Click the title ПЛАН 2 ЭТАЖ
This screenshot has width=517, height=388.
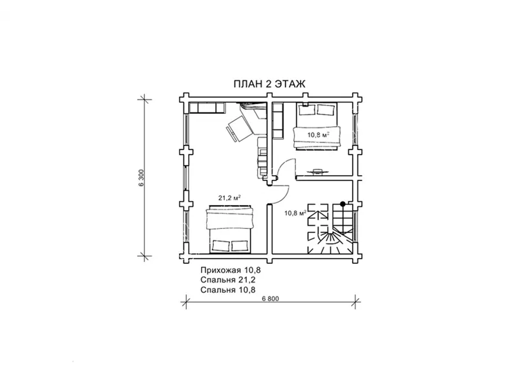coord(269,84)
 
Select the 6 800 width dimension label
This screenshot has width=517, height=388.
coord(270,299)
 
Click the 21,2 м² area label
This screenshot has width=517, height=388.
coord(229,198)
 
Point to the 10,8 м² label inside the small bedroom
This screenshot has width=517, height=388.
coord(319,135)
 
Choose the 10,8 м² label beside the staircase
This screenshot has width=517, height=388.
coord(296,213)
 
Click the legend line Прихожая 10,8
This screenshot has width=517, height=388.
coord(231,270)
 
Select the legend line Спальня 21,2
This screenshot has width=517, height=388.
coord(228,280)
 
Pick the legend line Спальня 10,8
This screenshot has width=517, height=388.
coord(228,290)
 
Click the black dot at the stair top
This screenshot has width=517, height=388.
coord(343,204)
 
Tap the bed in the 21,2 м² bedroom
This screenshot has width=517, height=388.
coord(230,230)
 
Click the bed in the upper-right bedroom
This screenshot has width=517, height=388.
coord(317,126)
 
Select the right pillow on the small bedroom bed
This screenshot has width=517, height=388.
coord(326,110)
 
